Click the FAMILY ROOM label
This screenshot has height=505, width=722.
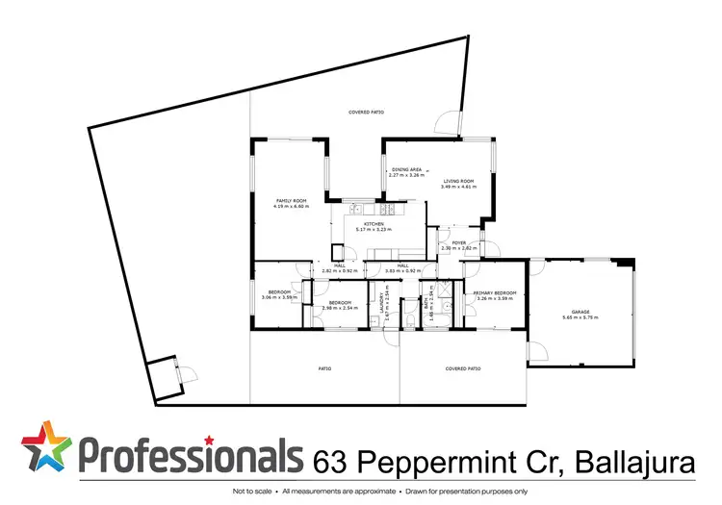pos(290,201)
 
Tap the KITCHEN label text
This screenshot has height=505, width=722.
pos(370,224)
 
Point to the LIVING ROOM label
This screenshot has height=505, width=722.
pos(458,181)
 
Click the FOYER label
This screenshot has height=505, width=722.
pos(459,242)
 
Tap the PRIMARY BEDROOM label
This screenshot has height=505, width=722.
pos(495,292)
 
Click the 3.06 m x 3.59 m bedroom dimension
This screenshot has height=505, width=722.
pos(280,297)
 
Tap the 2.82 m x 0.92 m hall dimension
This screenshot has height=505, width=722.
pos(340,271)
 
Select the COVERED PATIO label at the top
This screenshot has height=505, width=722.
pos(366,114)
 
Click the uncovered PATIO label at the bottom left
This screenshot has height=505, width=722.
pos(325,367)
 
